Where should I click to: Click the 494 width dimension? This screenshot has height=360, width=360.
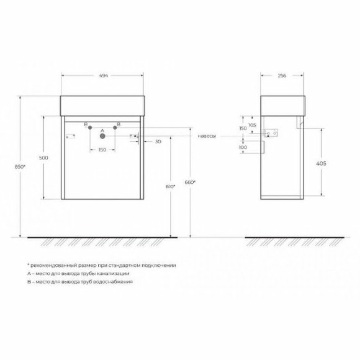click(x=104, y=75)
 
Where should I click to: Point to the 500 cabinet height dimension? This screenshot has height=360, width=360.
click(x=43, y=158)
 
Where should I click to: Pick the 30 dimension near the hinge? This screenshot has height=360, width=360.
click(x=158, y=142)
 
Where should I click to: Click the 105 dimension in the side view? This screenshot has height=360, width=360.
click(x=252, y=125)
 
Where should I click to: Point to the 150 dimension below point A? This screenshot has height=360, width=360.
click(x=102, y=150)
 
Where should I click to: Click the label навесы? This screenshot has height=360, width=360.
click(x=207, y=135)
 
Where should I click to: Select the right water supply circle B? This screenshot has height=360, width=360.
click(x=115, y=128)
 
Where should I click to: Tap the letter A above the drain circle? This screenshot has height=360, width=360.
click(x=102, y=131)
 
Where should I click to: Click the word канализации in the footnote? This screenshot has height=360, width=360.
click(x=112, y=273)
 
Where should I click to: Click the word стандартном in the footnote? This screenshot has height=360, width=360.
click(x=127, y=265)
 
